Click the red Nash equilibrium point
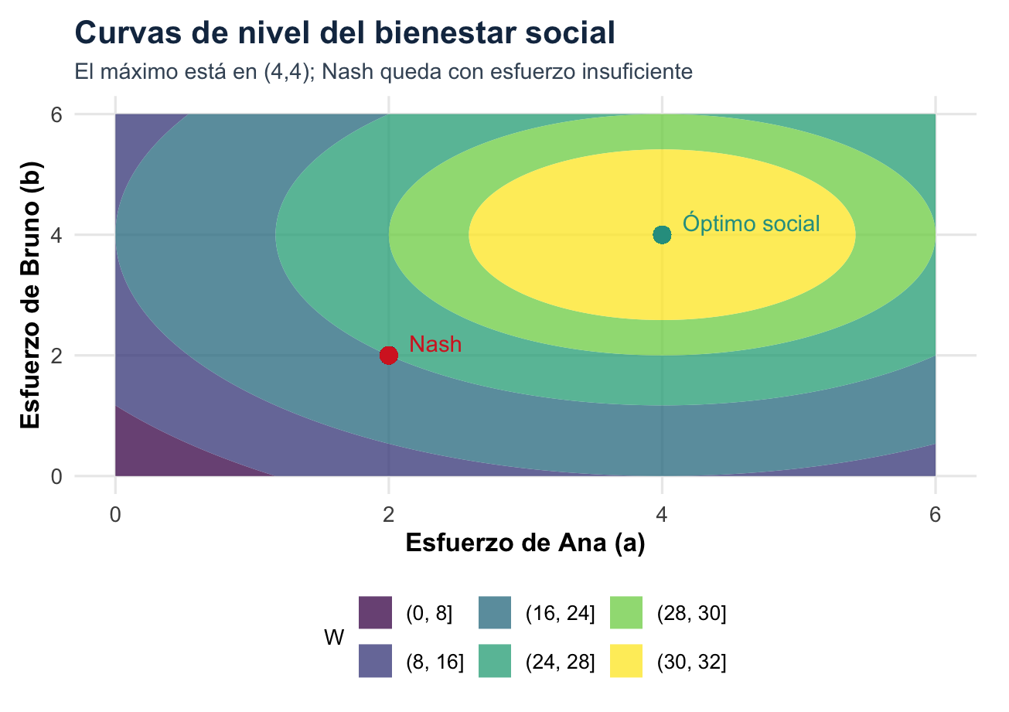click(x=388, y=355)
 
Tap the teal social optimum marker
click(x=662, y=234)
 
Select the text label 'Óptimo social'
click(x=751, y=223)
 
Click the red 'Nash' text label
click(x=435, y=344)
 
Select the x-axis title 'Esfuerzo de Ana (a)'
click(x=525, y=543)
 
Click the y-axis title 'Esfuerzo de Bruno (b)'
click(x=32, y=295)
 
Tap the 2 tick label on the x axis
click(x=388, y=514)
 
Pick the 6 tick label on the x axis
click(x=935, y=514)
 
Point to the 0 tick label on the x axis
click(x=115, y=514)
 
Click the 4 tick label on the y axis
click(x=57, y=235)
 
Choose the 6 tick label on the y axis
click(x=57, y=114)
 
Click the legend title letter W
click(x=334, y=639)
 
